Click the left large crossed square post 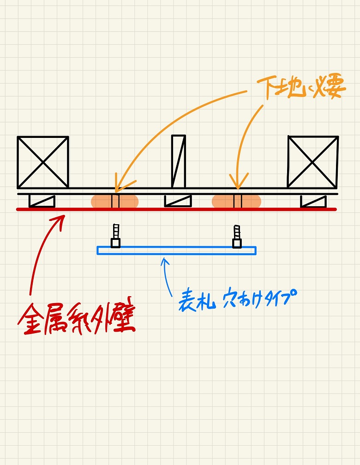(43, 162)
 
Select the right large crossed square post (313, 161)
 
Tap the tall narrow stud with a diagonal (179, 161)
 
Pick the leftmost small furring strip (42, 201)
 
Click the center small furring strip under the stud (178, 201)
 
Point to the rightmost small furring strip (313, 201)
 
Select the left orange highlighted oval (114, 202)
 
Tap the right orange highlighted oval (236, 202)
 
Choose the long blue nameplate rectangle (176, 250)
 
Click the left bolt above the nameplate (115, 236)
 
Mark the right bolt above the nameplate (237, 236)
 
